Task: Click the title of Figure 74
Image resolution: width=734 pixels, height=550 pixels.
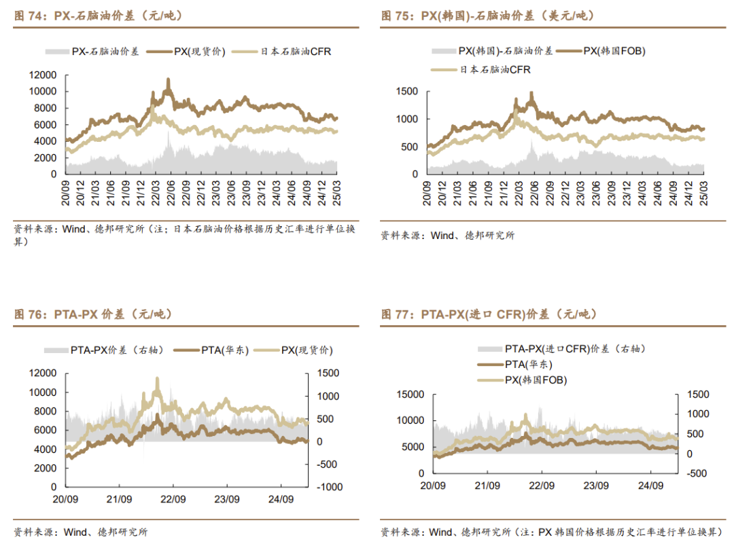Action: coord(99,16)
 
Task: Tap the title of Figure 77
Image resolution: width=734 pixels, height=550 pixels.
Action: coord(489,314)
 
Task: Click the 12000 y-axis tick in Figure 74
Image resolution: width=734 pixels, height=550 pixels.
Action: coord(42,75)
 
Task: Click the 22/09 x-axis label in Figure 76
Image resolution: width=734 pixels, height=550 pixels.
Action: coord(173,499)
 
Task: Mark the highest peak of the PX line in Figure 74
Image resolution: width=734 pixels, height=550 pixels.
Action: coord(168,79)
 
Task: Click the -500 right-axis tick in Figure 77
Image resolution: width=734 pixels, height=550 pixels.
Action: coord(697,473)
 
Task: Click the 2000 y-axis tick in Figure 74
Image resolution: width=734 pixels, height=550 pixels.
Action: coord(45,158)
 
